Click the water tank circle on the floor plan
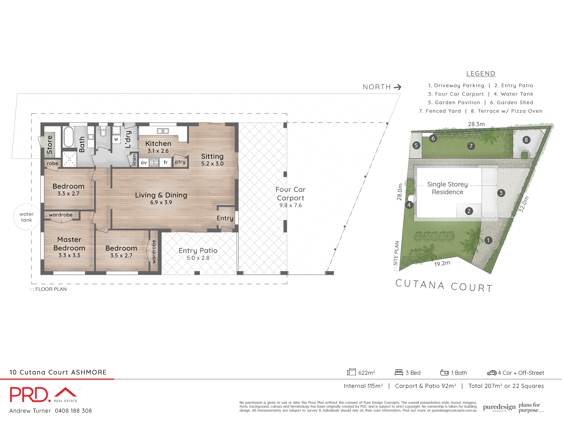26,217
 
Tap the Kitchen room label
158,144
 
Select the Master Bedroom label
69,244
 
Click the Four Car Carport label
290,194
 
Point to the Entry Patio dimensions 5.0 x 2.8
198,258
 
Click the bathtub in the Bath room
69,137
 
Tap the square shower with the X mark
69,159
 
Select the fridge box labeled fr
165,162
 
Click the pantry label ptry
180,161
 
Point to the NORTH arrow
397,87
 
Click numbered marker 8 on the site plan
526,140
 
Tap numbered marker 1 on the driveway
488,240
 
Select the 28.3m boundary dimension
476,124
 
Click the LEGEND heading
481,74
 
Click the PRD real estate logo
43,395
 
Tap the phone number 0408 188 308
73,411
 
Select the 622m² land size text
366,373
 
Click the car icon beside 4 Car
492,373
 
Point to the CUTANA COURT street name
444,285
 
